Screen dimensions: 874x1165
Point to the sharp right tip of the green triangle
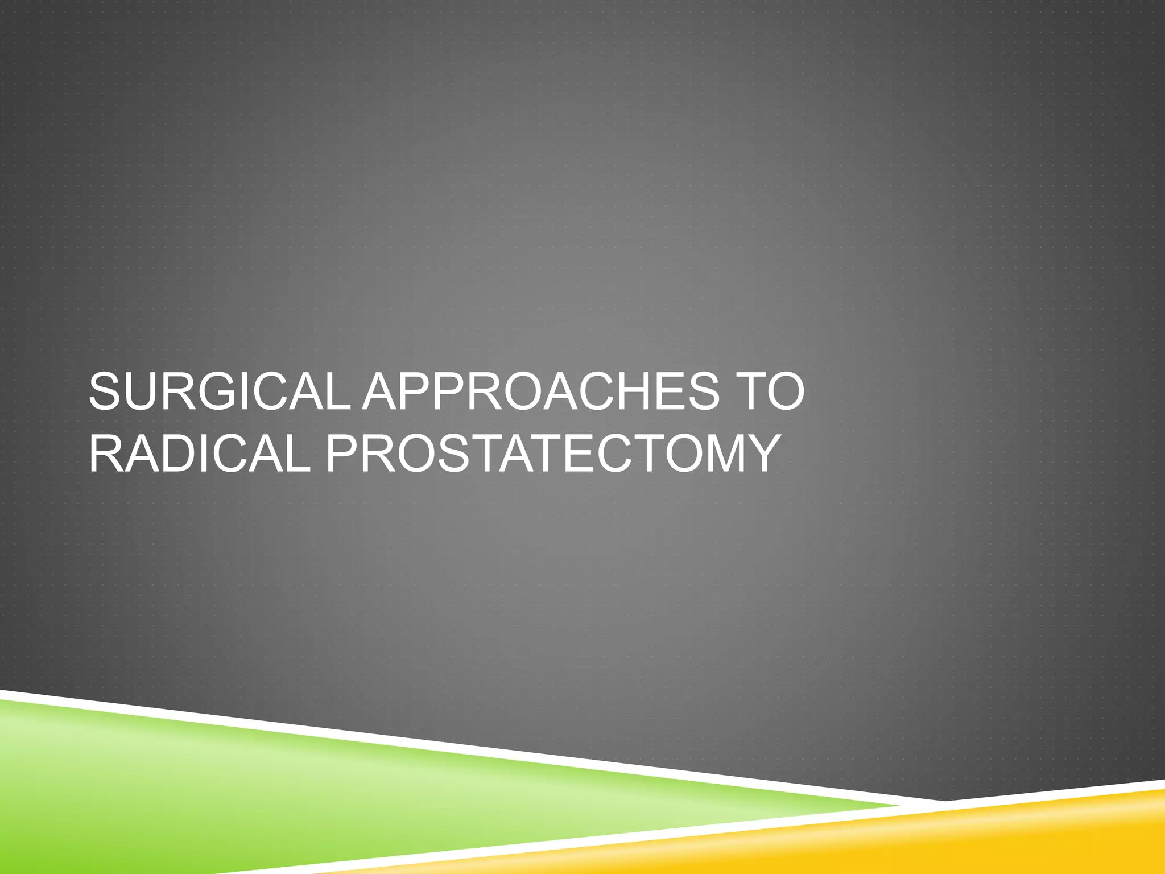click(899, 806)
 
